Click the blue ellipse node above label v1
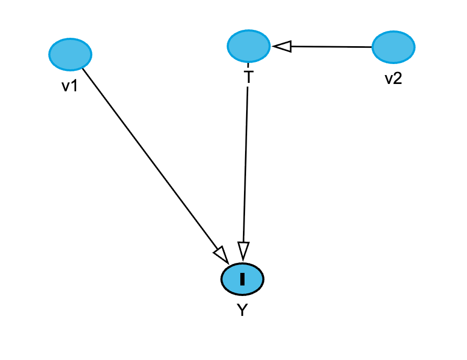tap(70, 54)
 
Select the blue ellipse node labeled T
tap(249, 46)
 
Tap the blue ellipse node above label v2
tap(393, 47)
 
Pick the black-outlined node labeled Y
tap(242, 279)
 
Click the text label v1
tap(70, 86)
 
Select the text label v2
tap(393, 79)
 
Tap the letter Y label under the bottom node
tap(242, 311)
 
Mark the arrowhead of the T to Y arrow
tap(243, 250)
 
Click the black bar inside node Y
tap(242, 279)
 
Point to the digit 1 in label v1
tap(75, 86)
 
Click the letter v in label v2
tap(388, 80)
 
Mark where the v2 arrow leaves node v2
tap(372, 47)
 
